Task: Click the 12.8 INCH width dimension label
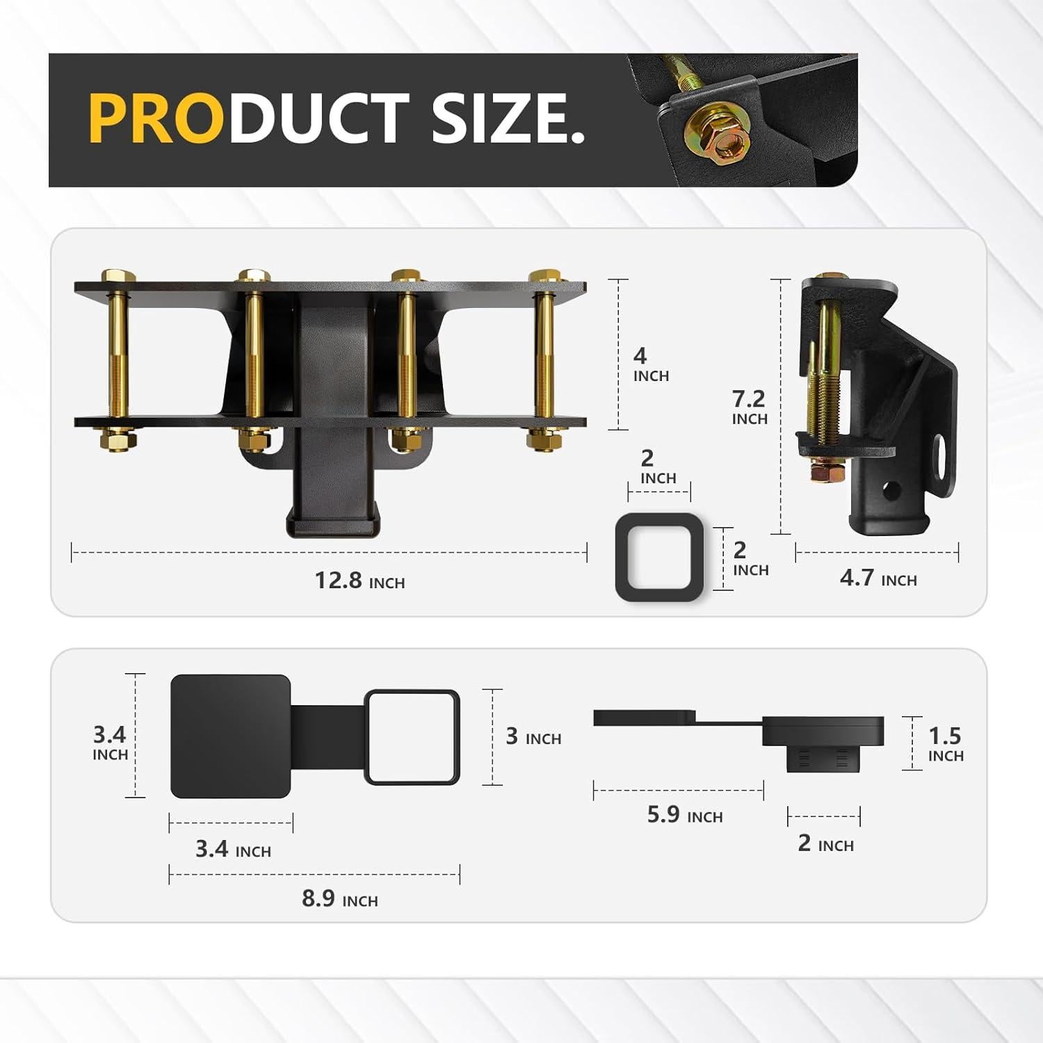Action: pyautogui.click(x=359, y=580)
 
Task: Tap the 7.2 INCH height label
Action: pyautogui.click(x=749, y=407)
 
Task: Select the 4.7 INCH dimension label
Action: pyautogui.click(x=878, y=579)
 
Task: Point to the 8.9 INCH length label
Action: pyautogui.click(x=340, y=899)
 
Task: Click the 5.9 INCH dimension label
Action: pyautogui.click(x=685, y=815)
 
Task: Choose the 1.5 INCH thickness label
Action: pyautogui.click(x=946, y=744)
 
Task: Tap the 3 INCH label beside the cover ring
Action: pyautogui.click(x=533, y=737)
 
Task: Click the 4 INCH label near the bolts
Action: pyautogui.click(x=650, y=364)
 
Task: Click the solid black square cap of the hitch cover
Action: pyautogui.click(x=230, y=736)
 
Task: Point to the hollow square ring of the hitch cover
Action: pyautogui.click(x=412, y=737)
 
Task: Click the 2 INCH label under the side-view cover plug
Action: pyautogui.click(x=825, y=844)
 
